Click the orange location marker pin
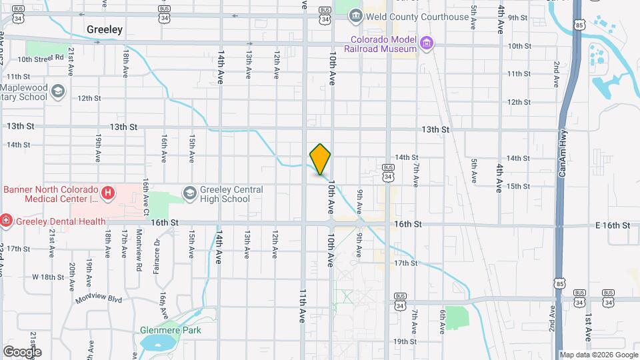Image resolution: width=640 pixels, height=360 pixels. coord(321,159)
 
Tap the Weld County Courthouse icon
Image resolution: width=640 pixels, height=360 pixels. coord(355,16)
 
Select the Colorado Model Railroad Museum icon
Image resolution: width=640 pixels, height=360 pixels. coord(427,44)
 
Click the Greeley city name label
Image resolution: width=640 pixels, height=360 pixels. coord(105,29)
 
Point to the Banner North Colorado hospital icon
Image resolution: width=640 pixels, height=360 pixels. coord(108,194)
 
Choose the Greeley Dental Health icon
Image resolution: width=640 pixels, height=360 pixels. coord(5,219)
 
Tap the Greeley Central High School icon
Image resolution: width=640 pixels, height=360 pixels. coord(189,193)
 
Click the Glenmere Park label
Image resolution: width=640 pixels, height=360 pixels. coord(171,330)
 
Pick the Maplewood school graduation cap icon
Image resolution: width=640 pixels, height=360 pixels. coord(58,91)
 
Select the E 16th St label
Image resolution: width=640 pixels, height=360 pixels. coord(613,225)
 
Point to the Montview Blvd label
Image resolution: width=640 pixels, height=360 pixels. coord(99,299)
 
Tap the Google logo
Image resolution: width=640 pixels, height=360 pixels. coord(22,351)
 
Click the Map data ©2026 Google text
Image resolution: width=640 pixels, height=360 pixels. coord(598,355)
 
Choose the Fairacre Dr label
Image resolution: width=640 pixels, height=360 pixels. coord(157,254)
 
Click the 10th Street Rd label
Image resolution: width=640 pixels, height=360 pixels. coord(40,59)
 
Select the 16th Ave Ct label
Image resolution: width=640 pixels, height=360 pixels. coord(146,194)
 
